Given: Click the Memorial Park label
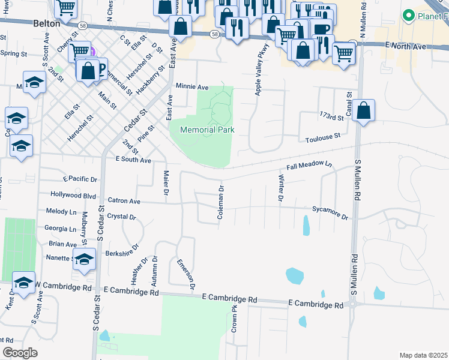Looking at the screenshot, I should pos(207,130).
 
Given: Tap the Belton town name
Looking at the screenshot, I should pos(47,23).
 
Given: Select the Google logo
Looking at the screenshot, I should pos(20,353).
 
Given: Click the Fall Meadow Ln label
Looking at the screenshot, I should pos(310,165).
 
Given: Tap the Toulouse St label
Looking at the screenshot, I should pos(322,137).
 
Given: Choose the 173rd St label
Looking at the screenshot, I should pos(334,115).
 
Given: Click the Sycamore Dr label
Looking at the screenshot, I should pos(330,212).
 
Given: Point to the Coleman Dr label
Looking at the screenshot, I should pos(221,202).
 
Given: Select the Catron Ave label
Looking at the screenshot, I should pos(124,201).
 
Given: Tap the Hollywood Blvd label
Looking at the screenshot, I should pos(73,196).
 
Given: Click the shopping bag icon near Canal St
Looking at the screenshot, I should pos(363,110).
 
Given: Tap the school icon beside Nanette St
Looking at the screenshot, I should pos(84,259).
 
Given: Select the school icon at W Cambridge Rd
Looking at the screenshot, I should pos(23,283).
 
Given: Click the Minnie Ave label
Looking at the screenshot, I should pos(191,86).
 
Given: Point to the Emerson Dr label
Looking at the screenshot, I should pos(186,275).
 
